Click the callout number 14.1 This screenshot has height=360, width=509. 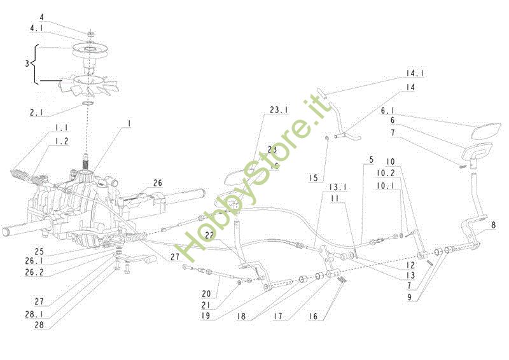(415, 74)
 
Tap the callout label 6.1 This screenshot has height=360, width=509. (389, 111)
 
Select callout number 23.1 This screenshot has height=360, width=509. (279, 110)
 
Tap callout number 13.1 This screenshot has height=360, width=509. (337, 188)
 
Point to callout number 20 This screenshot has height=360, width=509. (206, 294)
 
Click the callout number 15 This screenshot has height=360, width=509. (313, 178)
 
